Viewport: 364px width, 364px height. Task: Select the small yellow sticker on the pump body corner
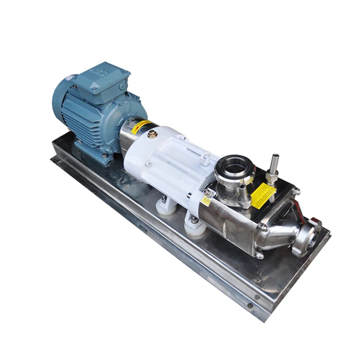tap(206, 200)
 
